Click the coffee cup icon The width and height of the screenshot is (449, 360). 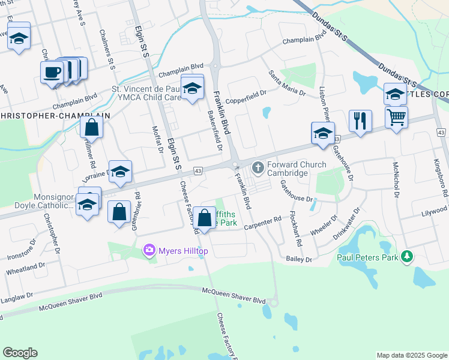coord(52,73)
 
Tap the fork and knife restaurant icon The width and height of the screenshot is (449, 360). coord(360,121)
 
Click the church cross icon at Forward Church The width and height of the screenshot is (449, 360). coord(259,167)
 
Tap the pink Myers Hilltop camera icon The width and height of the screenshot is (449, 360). coord(149,250)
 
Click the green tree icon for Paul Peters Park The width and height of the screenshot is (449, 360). coord(408,257)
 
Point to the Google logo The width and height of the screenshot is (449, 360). coord(20,353)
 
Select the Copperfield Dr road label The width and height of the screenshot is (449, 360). coord(246,95)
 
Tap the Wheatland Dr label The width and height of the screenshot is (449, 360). coord(26,268)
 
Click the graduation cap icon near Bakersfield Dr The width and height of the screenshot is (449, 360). coord(192,87)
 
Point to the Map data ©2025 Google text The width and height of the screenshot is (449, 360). coord(412,355)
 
